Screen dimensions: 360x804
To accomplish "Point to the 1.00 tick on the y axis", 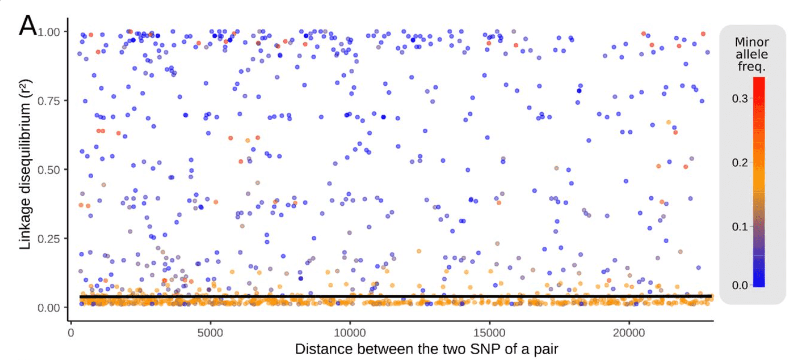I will click(51, 32).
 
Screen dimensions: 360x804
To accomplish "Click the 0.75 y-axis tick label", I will click(51, 101).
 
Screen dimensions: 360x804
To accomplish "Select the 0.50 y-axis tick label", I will click(51, 169).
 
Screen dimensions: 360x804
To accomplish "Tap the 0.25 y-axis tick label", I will click(51, 238).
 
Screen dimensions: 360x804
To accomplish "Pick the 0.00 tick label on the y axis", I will click(51, 307).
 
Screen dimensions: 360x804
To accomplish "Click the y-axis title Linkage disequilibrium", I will click(27, 169).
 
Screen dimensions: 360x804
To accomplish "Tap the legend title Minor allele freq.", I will click(752, 55).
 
